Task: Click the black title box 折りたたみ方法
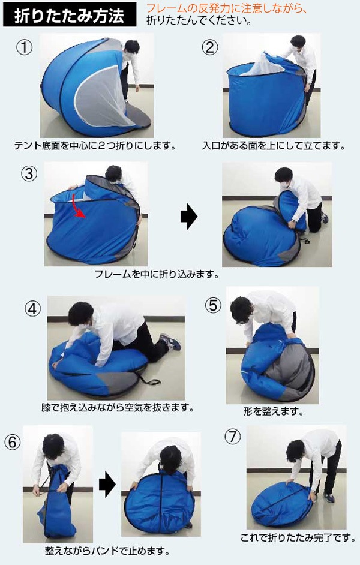point(70,15)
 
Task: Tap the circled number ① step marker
point(25,47)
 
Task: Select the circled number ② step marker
point(210,47)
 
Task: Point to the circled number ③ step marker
point(29,174)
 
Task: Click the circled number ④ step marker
point(32,309)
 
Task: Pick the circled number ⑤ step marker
point(213,305)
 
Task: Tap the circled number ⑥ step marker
point(12,442)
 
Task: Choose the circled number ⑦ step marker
point(232,437)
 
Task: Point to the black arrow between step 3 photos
point(189,216)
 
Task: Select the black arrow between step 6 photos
point(107,484)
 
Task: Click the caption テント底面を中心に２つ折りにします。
point(95,146)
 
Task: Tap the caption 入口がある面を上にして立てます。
point(274,146)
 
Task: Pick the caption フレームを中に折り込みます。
point(157,274)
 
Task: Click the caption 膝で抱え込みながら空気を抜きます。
point(118,408)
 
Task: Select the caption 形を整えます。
point(274,411)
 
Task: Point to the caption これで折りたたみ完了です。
point(298,538)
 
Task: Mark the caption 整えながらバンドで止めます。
point(107,551)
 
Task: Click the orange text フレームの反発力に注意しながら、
point(227,8)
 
